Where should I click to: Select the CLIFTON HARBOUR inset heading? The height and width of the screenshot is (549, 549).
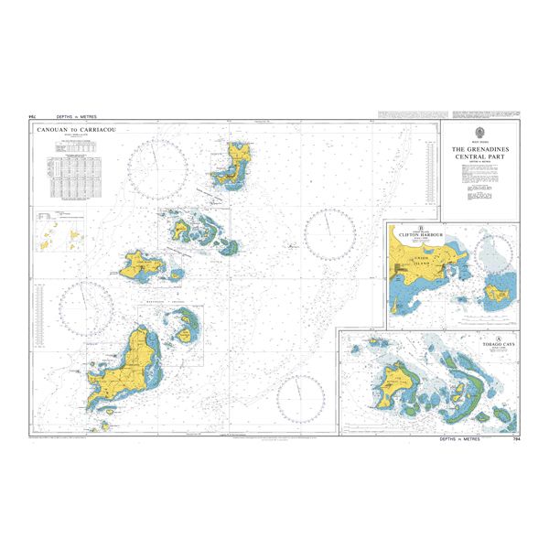(x=421, y=235)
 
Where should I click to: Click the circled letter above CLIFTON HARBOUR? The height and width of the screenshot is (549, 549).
(x=421, y=228)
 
